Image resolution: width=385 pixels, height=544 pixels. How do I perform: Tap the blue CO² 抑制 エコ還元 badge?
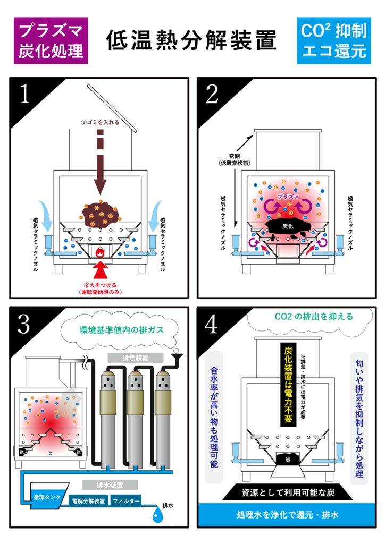[x=333, y=40]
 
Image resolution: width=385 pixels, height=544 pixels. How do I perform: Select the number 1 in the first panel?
[x=24, y=95]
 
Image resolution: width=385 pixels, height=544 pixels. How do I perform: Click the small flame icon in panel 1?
[x=99, y=254]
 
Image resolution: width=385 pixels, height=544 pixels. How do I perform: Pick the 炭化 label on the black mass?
[x=288, y=226]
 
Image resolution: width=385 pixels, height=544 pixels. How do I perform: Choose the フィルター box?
[x=126, y=500]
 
